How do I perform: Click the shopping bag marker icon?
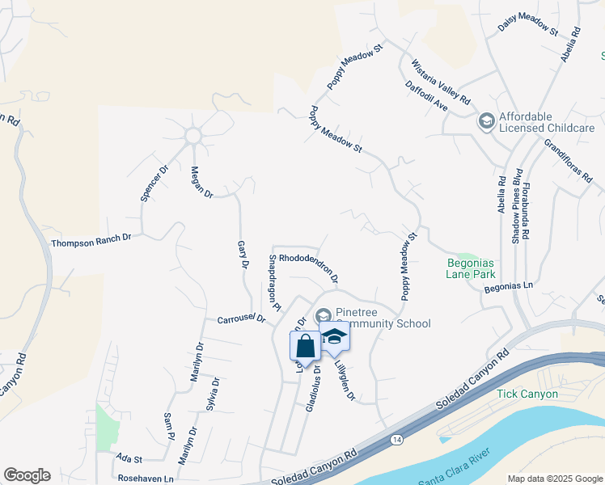pos(306,347)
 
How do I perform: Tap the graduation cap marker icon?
pos(333,337)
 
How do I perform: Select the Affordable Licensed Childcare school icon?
pos(486,122)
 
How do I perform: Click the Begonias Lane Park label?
pos(476,268)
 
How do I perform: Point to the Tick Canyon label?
pos(527,394)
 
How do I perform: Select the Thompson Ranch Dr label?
pos(91,240)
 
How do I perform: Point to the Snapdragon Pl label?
pos(274,283)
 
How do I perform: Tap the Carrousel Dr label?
pos(241,319)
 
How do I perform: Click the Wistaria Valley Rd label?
pos(440,82)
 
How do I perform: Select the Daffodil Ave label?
pos(426,95)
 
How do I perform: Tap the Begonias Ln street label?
pos(509,286)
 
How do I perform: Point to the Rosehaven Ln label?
pos(146,479)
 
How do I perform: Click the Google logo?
pos(27,475)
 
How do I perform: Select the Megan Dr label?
pos(201,182)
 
